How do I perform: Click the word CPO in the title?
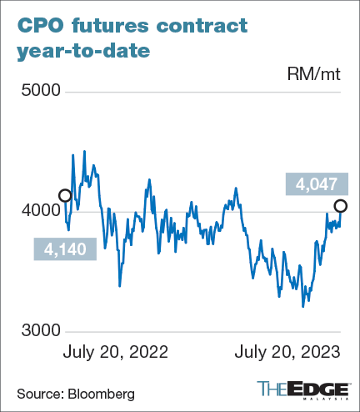tap(42, 25)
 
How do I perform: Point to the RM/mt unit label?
tap(315, 75)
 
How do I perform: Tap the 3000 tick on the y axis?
tap(36, 331)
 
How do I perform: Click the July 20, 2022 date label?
tap(116, 352)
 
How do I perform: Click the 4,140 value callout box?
tap(64, 248)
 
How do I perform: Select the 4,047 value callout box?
tap(312, 183)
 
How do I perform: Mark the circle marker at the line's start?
tap(65, 195)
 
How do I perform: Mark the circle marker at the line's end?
tap(340, 206)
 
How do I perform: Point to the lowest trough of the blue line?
tap(302, 306)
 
